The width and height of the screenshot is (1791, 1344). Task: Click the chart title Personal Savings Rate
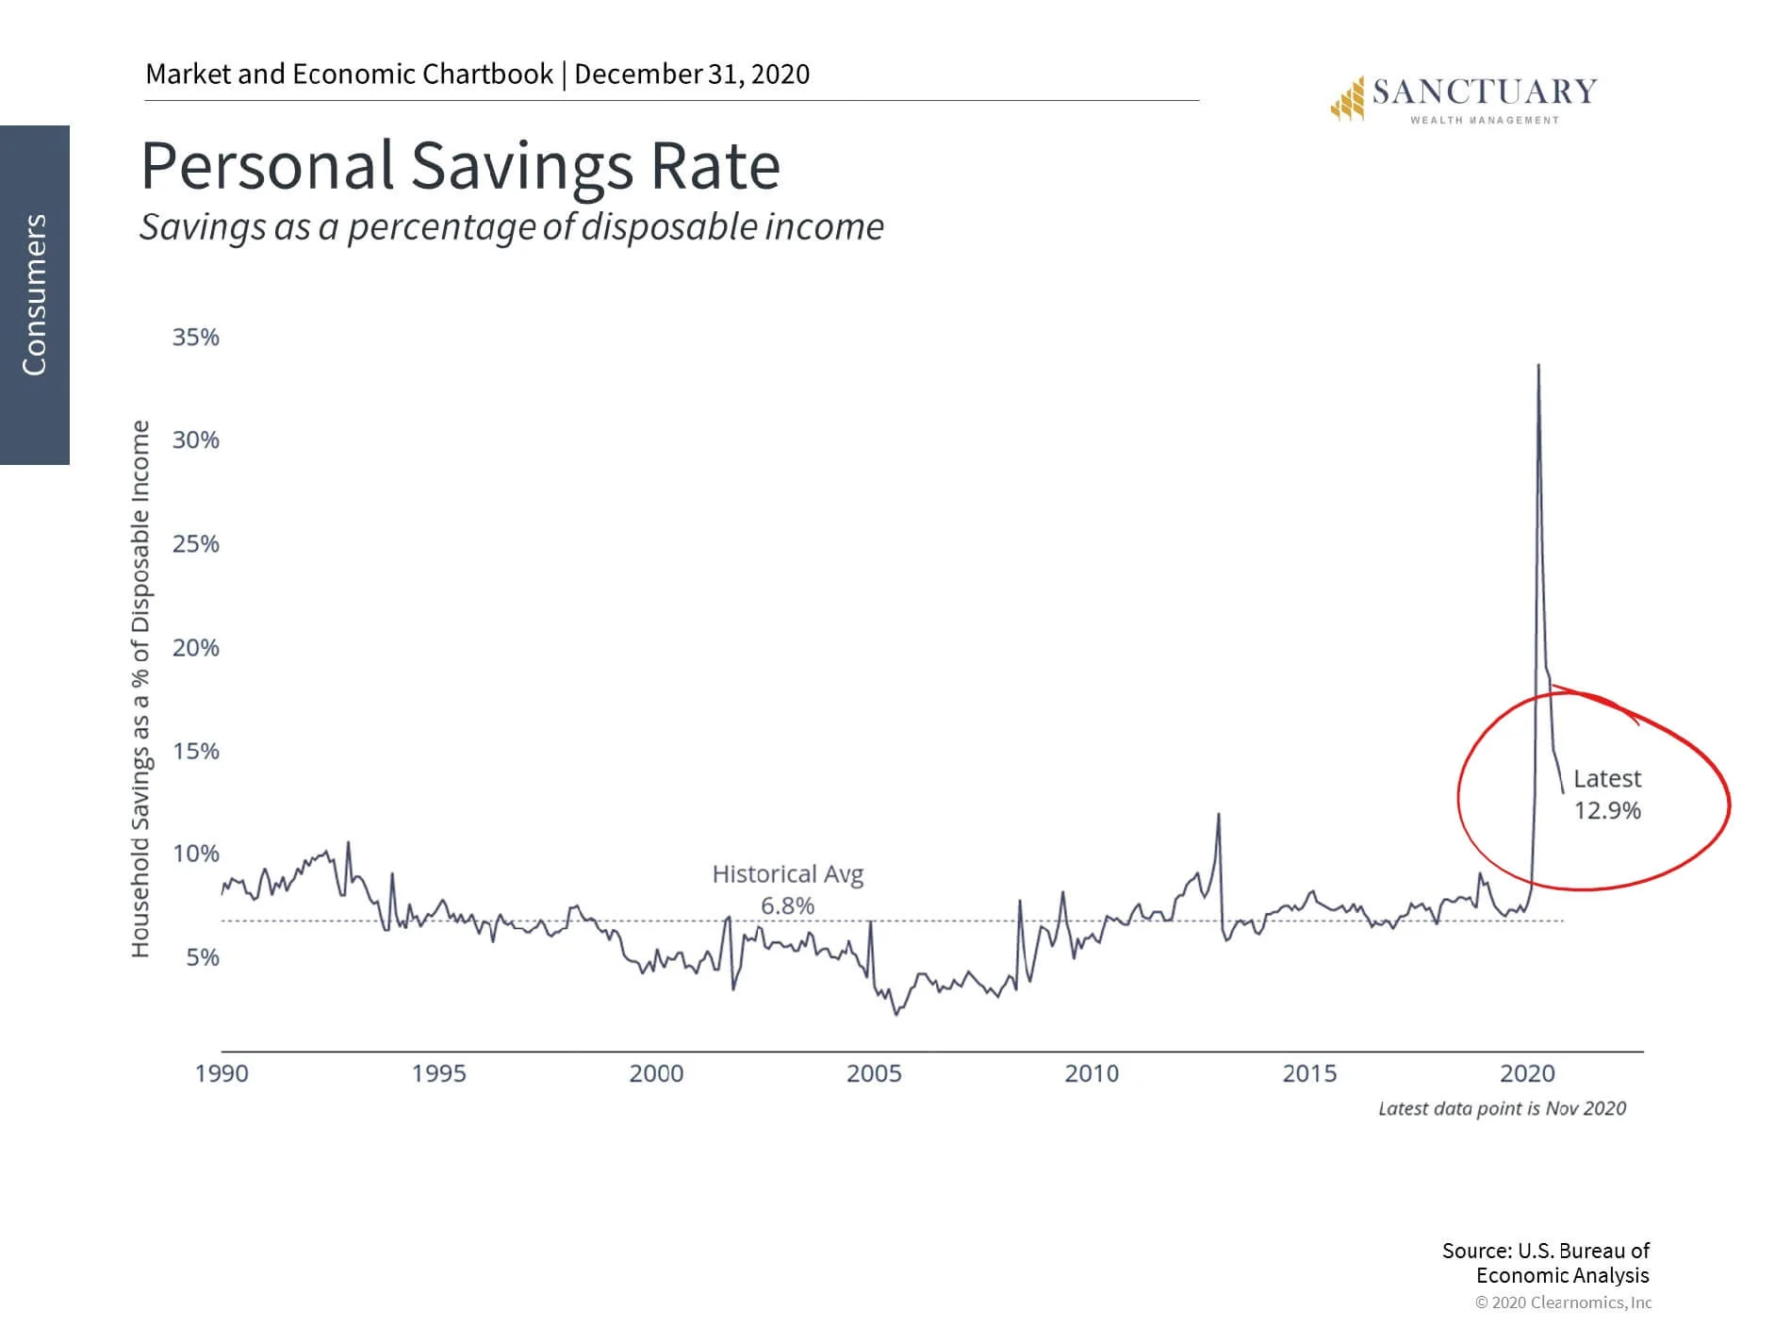[x=460, y=166]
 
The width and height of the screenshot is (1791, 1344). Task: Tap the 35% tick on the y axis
[x=195, y=338]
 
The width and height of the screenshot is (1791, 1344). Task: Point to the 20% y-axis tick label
[x=195, y=648]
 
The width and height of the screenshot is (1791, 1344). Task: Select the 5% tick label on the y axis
[x=202, y=957]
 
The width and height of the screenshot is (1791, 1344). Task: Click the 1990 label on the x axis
[x=222, y=1073]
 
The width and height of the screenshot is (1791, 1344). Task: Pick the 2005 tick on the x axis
[x=874, y=1073]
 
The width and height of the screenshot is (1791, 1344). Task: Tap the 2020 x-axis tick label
[x=1527, y=1073]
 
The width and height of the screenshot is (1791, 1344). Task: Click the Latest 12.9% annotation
[x=1607, y=794]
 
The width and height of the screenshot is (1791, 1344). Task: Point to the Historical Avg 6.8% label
[x=787, y=889]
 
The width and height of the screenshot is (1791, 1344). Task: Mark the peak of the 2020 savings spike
[x=1538, y=365]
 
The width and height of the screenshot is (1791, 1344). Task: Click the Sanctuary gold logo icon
[x=1347, y=99]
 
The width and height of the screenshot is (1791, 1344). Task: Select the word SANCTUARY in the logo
[x=1485, y=91]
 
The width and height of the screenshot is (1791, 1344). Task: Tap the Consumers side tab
[x=35, y=294]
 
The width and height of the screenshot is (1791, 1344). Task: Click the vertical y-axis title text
[x=140, y=689]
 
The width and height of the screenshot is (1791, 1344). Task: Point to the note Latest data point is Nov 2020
[x=1502, y=1108]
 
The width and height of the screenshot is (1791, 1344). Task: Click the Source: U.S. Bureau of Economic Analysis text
[x=1546, y=1263]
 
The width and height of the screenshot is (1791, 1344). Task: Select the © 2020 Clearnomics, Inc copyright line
[x=1563, y=1303]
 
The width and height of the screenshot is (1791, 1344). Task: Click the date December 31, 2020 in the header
[x=692, y=75]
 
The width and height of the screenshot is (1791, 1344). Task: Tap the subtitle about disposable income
[x=512, y=227]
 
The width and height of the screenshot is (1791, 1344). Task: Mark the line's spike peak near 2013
[x=1219, y=814]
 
